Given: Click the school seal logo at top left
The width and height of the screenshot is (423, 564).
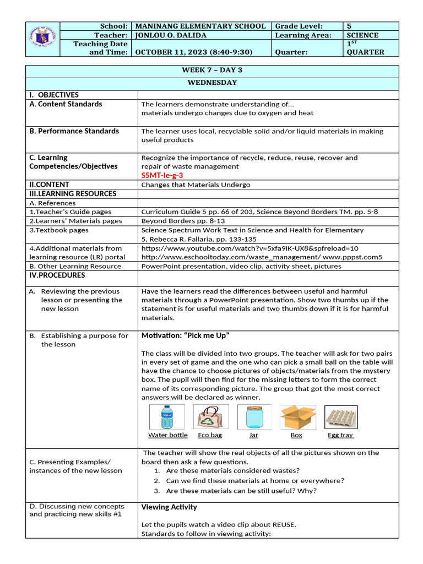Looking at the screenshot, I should pyautogui.click(x=42, y=37).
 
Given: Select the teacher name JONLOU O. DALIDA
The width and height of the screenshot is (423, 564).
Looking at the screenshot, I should pyautogui.click(x=172, y=35).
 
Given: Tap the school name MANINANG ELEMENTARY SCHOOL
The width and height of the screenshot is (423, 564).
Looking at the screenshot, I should pyautogui.click(x=200, y=26).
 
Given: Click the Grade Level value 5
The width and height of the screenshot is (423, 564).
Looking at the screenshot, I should pyautogui.click(x=349, y=26).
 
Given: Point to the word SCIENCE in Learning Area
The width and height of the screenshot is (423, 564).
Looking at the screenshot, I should pyautogui.click(x=362, y=35).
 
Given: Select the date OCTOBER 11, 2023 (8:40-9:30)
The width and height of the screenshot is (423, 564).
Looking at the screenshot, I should pyautogui.click(x=194, y=52).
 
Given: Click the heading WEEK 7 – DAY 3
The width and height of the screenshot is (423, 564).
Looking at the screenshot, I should pyautogui.click(x=212, y=70).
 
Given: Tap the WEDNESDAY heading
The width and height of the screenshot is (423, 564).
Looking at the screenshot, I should pyautogui.click(x=212, y=83).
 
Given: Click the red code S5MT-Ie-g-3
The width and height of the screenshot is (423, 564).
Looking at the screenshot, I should pyautogui.click(x=162, y=175).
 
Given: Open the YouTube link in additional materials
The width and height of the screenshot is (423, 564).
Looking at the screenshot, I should pyautogui.click(x=250, y=248).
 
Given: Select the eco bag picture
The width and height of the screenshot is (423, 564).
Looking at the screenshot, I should pyautogui.click(x=209, y=417).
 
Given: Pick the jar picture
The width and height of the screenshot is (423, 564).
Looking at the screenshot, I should pyautogui.click(x=253, y=417).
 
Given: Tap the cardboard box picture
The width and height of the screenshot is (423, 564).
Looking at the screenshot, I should pyautogui.click(x=297, y=417).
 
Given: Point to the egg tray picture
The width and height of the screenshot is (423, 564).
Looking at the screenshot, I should pyautogui.click(x=340, y=417).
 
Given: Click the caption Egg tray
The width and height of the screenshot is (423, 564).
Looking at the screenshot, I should pyautogui.click(x=340, y=435).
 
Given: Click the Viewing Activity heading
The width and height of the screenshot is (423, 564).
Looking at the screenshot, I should pyautogui.click(x=169, y=507).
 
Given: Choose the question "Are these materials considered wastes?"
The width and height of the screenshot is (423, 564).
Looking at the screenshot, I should pyautogui.click(x=232, y=470).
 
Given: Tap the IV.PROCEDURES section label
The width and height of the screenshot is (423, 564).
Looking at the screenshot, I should pyautogui.click(x=57, y=275).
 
